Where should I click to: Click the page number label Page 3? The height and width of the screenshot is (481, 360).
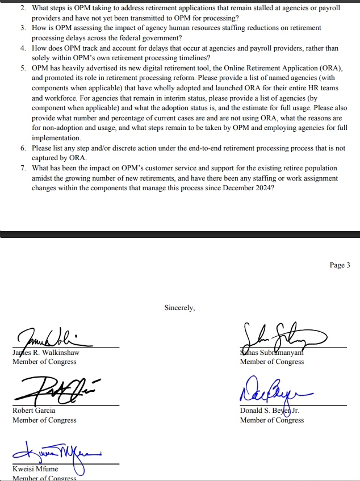340,265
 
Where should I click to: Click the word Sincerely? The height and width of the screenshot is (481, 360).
179,308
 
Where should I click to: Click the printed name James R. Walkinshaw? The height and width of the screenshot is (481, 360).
46,353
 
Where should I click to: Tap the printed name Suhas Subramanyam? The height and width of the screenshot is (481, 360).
273,353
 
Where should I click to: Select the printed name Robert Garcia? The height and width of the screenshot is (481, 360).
34,411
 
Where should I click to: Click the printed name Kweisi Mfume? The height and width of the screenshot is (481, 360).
35,469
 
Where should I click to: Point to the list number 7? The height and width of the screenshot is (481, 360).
23,168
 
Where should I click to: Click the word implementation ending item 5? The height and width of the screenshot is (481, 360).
56,138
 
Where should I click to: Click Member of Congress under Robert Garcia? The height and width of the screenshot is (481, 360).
44,420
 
